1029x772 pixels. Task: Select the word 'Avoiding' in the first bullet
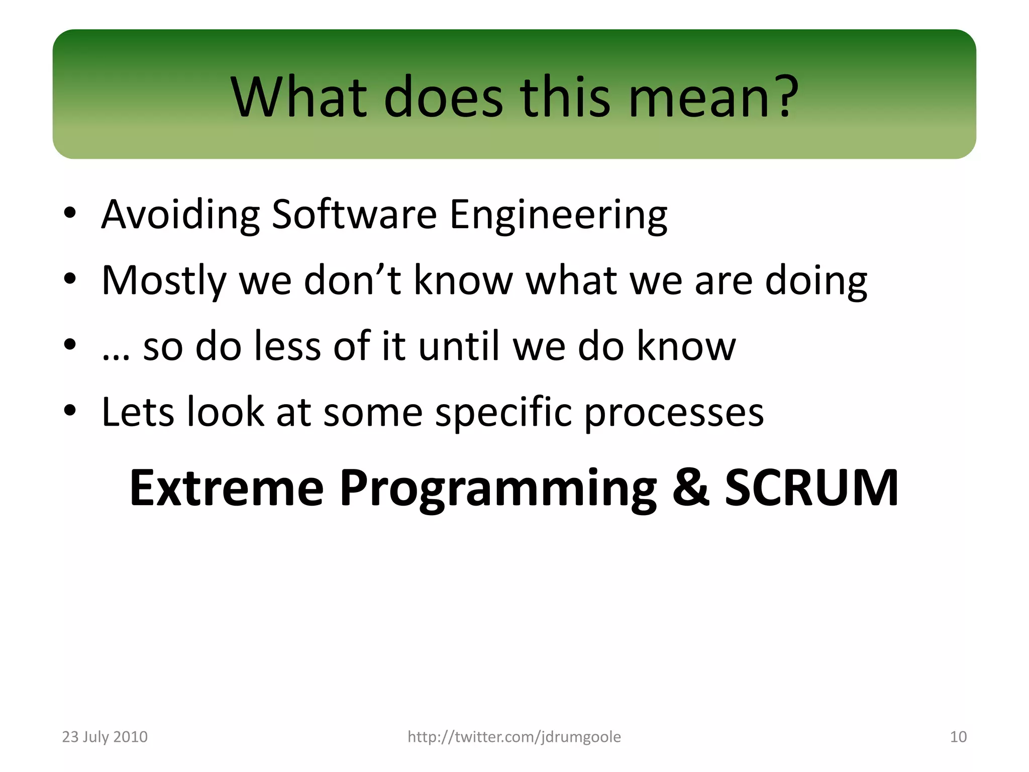click(180, 215)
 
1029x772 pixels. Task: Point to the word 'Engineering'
click(558, 215)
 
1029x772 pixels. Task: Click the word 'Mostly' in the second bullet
click(164, 281)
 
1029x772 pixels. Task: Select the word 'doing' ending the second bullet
click(816, 281)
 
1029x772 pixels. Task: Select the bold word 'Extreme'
click(227, 488)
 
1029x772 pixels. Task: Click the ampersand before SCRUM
click(691, 488)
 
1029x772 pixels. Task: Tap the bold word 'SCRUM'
click(811, 488)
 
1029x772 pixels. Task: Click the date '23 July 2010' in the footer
click(105, 737)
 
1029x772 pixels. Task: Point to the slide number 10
click(958, 737)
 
